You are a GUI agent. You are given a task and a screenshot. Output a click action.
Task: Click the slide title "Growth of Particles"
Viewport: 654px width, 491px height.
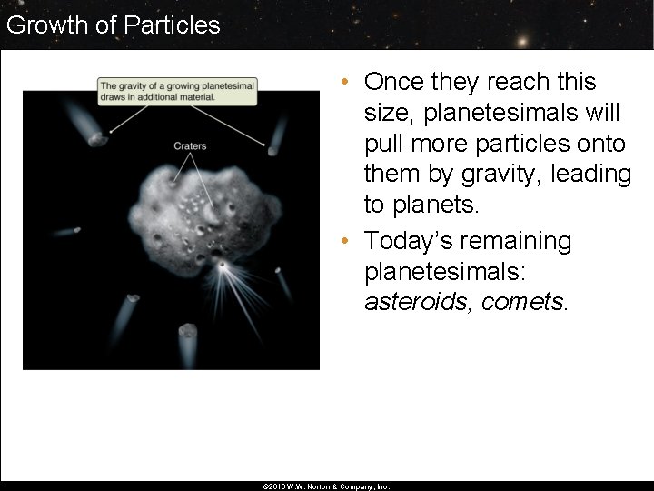(x=113, y=25)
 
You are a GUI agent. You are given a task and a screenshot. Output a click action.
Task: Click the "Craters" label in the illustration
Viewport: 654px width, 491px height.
(x=190, y=145)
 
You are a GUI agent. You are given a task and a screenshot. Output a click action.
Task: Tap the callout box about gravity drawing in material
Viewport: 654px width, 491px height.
(x=177, y=90)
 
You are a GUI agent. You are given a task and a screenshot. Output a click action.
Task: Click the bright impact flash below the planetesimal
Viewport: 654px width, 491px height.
(x=222, y=265)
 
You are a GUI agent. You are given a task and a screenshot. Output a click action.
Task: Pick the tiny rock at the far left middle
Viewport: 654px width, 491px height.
(x=76, y=230)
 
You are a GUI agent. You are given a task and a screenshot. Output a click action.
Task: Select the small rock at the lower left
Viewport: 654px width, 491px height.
(x=132, y=298)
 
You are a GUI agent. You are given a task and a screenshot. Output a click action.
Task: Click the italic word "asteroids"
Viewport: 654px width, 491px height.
(x=419, y=302)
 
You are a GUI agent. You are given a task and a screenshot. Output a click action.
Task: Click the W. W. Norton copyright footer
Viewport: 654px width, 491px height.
(x=326, y=486)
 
